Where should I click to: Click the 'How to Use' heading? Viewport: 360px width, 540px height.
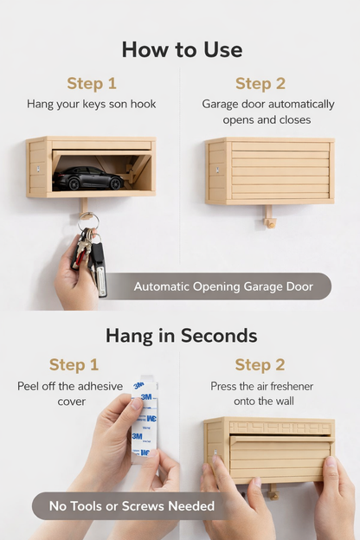(x=181, y=49)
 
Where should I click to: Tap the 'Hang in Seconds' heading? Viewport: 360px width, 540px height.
(x=181, y=335)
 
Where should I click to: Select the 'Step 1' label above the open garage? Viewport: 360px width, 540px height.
(x=91, y=84)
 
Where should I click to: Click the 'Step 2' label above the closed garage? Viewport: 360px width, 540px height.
(x=266, y=84)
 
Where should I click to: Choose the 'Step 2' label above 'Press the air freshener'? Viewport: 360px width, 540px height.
(x=265, y=364)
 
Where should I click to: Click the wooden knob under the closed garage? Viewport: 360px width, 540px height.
(x=270, y=222)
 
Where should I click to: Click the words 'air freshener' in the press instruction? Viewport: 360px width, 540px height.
(x=284, y=386)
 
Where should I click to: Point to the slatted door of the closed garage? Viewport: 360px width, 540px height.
(x=279, y=172)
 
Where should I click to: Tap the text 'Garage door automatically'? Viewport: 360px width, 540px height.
(x=267, y=105)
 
